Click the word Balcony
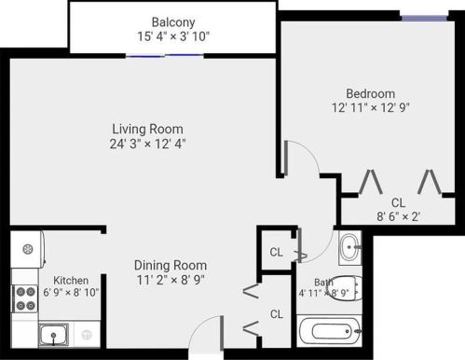(x=173, y=21)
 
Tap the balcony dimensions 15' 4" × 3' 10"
(x=173, y=36)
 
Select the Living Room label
(x=147, y=129)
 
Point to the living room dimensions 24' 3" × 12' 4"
(x=147, y=144)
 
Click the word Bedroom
(x=371, y=93)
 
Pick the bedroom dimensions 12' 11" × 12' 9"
(x=371, y=107)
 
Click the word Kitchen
(x=71, y=280)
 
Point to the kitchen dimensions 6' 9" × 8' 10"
(x=71, y=292)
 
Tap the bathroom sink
(x=349, y=247)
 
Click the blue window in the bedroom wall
(x=432, y=14)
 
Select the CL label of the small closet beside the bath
(x=277, y=252)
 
